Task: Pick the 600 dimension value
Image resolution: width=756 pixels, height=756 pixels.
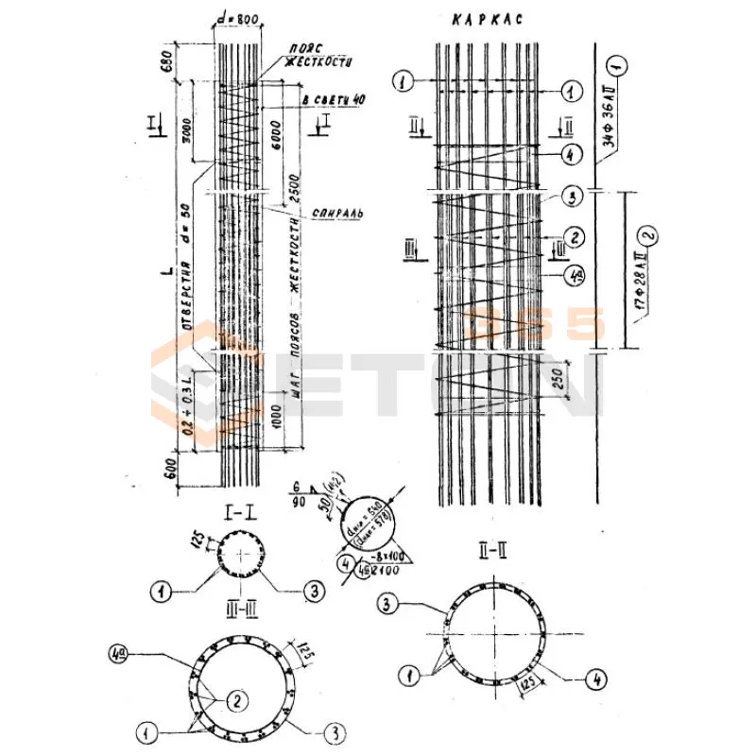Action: point(171,469)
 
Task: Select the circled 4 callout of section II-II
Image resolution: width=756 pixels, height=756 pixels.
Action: point(595,679)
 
